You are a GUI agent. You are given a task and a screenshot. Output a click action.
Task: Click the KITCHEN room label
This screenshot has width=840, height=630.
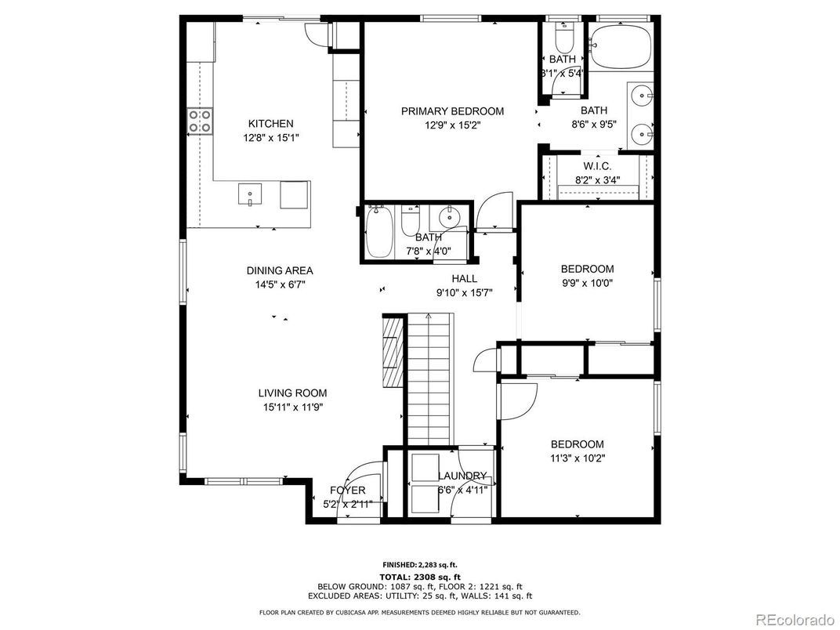click(270, 124)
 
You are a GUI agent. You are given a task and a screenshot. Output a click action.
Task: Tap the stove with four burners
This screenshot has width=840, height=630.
click(200, 121)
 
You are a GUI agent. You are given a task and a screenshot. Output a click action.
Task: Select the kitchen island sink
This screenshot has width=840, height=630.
click(250, 194)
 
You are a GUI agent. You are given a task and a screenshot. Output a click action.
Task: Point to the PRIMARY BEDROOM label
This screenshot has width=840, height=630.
click(453, 111)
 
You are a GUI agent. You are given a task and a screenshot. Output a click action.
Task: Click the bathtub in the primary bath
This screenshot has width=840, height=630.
click(621, 46)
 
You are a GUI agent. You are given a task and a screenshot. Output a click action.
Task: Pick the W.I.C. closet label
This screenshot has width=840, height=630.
click(597, 166)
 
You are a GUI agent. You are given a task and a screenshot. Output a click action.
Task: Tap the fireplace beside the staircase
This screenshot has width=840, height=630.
click(392, 352)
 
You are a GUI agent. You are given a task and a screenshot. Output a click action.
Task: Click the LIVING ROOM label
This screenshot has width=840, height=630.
click(292, 393)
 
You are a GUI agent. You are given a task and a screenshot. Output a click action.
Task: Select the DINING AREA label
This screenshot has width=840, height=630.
click(280, 271)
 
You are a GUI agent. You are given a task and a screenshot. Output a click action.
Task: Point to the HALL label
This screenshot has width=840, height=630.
click(465, 279)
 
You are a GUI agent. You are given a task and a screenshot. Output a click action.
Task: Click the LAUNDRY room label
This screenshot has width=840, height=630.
click(462, 476)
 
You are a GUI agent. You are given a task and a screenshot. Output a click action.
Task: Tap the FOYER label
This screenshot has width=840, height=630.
click(348, 491)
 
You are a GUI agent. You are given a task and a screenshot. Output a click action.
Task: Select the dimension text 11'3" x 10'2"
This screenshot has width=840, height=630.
click(577, 458)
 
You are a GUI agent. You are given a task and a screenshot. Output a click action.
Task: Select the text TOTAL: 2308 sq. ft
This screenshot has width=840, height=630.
click(420, 577)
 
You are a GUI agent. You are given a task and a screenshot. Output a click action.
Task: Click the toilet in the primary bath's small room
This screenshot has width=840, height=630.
click(563, 37)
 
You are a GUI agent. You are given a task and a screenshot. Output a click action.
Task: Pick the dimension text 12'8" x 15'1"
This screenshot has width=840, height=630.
click(270, 138)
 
